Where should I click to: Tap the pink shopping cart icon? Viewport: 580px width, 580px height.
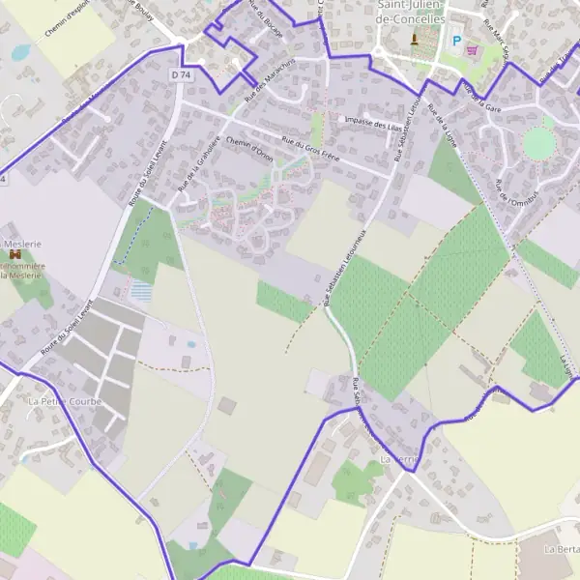(x=473, y=49)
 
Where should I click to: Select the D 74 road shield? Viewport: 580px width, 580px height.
(x=180, y=74)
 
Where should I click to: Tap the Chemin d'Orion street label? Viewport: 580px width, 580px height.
(x=248, y=147)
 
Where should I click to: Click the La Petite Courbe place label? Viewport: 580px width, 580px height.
(x=65, y=400)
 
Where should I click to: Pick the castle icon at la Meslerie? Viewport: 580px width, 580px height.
(x=14, y=254)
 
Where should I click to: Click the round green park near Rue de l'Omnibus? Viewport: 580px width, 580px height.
(x=538, y=143)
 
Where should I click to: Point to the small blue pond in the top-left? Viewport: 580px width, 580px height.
(x=20, y=51)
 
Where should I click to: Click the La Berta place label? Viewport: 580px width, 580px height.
(x=561, y=549)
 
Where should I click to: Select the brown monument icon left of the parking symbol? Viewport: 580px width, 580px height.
(x=416, y=39)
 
